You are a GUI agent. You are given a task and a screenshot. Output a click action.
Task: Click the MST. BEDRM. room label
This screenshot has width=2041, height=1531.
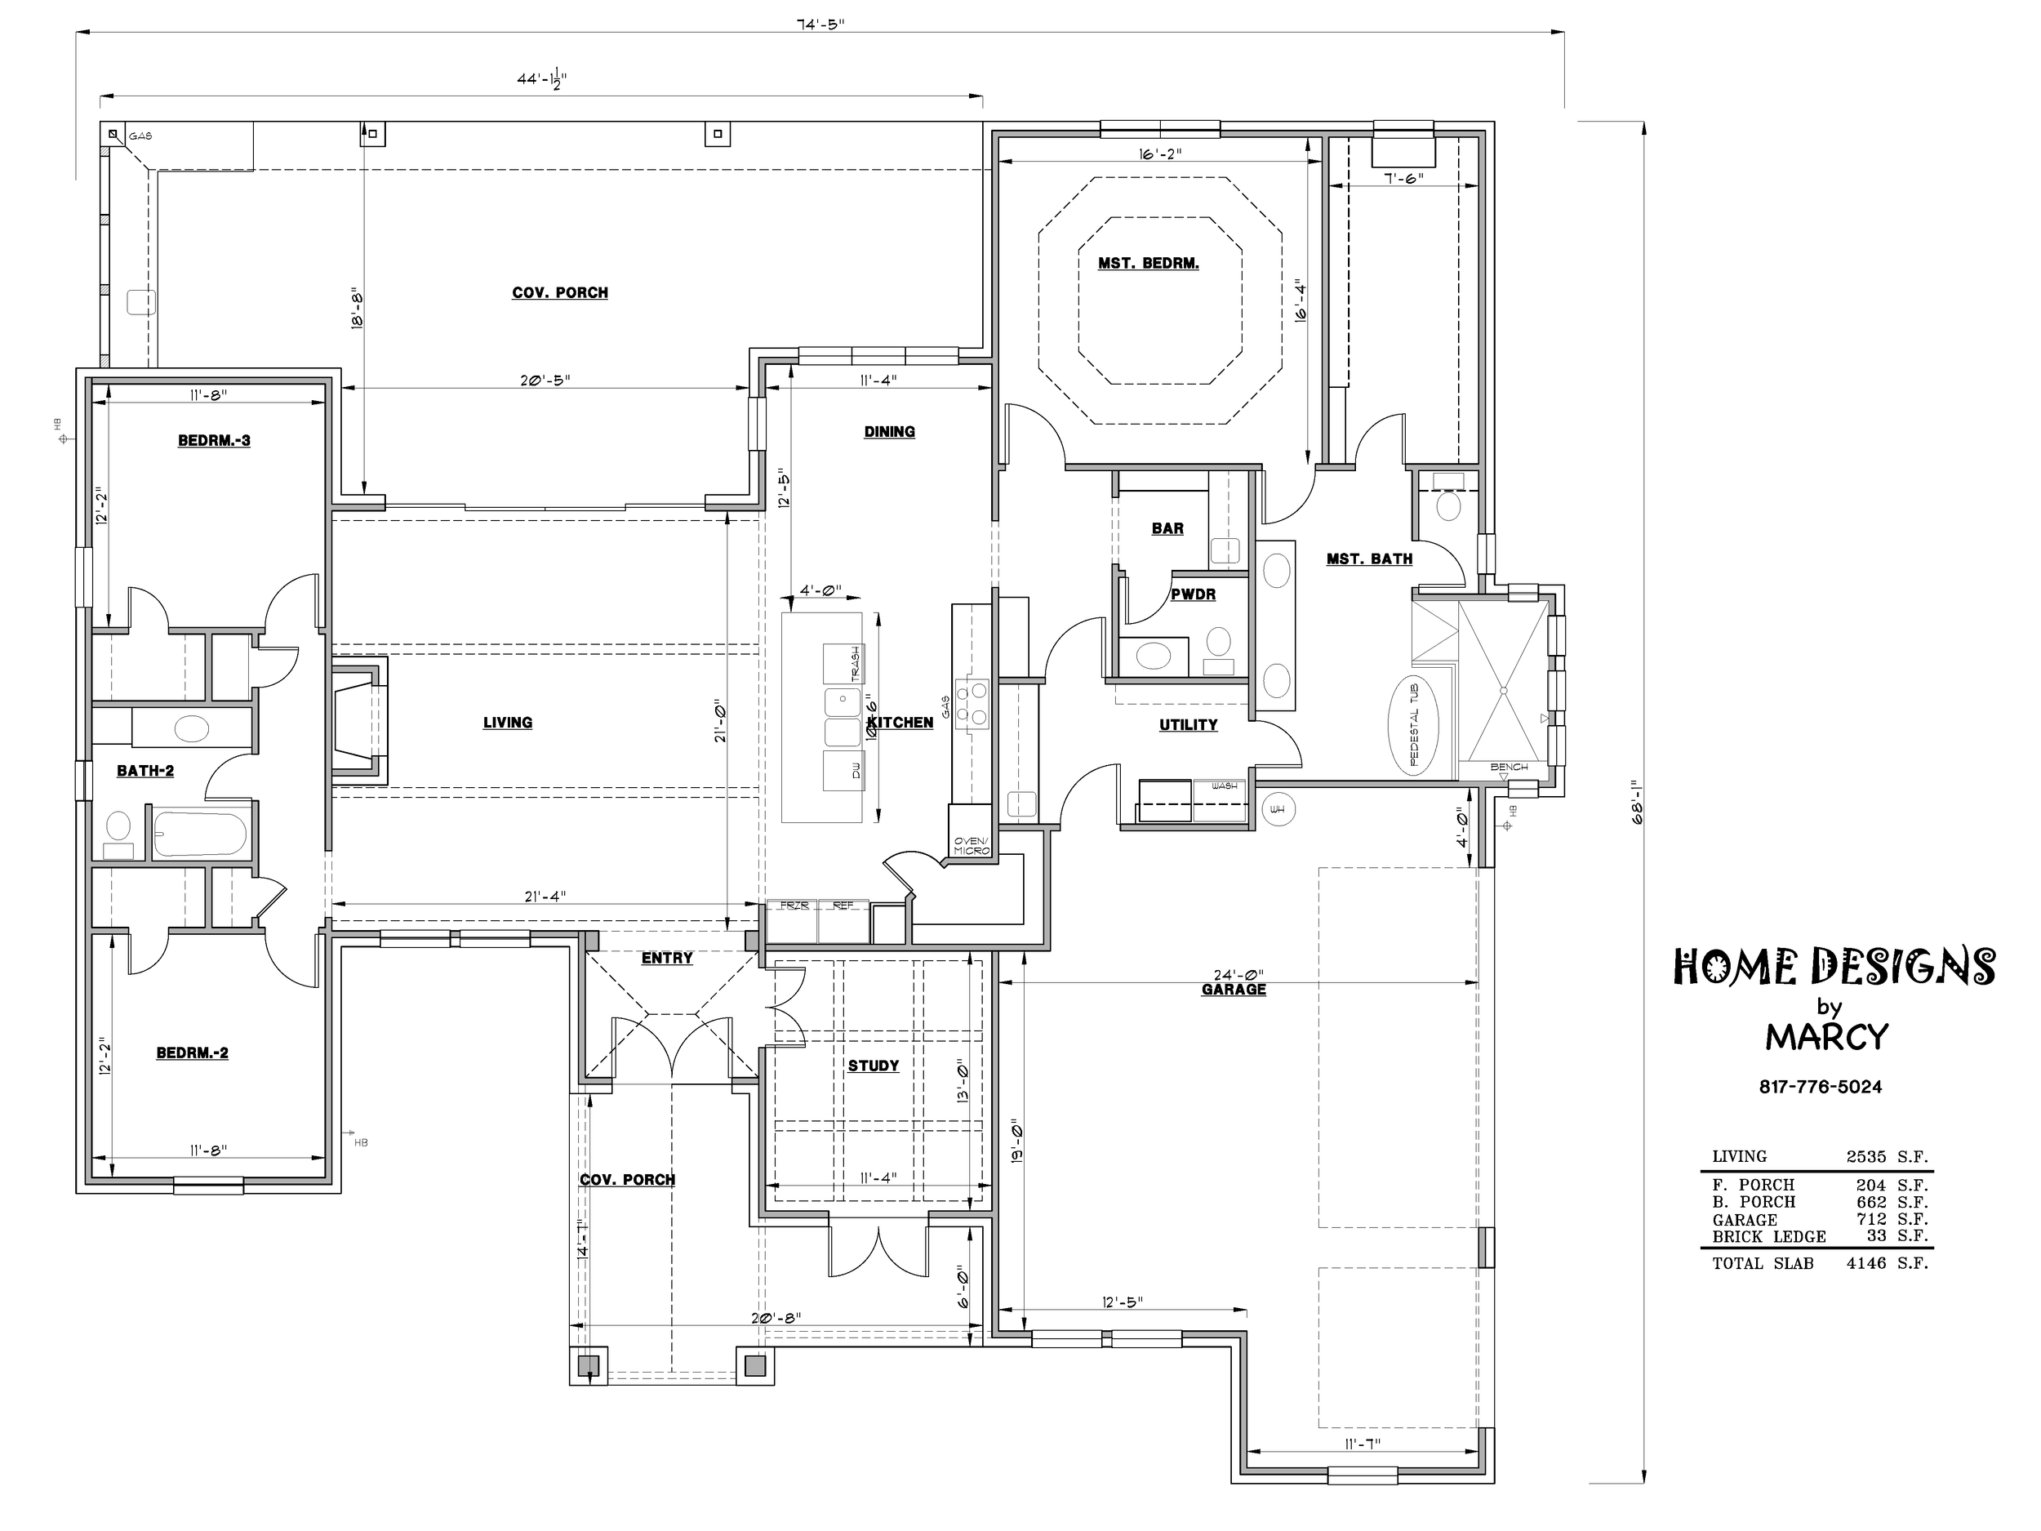1148,264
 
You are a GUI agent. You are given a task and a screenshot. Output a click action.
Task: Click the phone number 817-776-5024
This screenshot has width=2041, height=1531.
1820,1087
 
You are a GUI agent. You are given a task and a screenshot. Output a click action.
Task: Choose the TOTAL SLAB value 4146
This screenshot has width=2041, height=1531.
1865,1263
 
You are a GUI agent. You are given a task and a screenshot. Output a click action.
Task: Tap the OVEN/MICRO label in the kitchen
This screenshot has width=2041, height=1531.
971,845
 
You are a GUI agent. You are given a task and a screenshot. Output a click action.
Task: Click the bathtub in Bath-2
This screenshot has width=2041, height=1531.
200,834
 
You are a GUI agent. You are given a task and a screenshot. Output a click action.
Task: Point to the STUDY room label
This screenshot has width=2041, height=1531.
873,1066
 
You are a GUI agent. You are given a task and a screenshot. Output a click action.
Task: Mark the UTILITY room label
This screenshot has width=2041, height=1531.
1189,725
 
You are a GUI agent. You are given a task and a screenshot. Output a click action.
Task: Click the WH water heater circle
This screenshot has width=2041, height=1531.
1277,809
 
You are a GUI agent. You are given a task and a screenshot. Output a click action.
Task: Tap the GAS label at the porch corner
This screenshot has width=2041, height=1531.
140,136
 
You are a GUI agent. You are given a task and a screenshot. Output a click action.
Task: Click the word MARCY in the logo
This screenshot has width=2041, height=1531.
1827,1037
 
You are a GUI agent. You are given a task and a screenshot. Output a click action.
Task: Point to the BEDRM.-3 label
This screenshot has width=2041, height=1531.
214,441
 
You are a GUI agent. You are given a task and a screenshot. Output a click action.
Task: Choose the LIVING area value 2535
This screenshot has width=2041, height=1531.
1865,1156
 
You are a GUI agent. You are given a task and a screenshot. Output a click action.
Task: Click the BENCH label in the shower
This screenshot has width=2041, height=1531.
1509,767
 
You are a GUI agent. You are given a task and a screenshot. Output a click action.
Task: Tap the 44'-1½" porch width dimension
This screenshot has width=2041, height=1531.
541,80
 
